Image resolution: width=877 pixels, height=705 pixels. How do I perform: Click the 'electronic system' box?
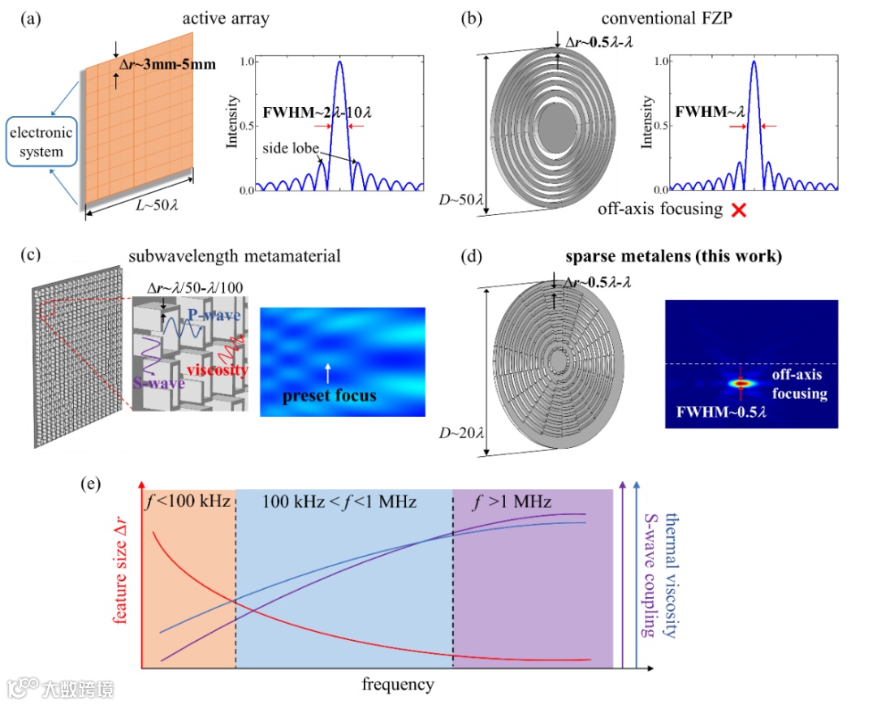42,144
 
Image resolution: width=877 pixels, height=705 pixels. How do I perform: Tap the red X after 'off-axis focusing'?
739,210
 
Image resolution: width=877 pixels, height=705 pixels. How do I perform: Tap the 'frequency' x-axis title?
398,685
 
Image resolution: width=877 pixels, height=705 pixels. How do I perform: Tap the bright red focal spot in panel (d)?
740,381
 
